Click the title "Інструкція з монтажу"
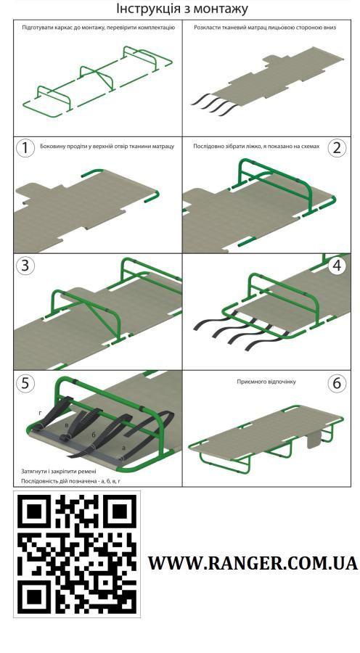[181, 8]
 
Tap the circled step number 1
[25, 148]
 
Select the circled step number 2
[337, 148]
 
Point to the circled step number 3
[25, 266]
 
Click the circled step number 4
[337, 266]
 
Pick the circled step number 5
[25, 383]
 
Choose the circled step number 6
[337, 383]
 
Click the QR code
[77, 554]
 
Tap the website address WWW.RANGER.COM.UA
[253, 563]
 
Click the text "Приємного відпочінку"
[266, 382]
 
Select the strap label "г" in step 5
[40, 413]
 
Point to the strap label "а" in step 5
[123, 448]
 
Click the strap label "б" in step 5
[94, 435]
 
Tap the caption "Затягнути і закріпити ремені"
[59, 472]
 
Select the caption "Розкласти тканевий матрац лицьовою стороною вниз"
[265, 28]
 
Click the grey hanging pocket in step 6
[315, 438]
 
